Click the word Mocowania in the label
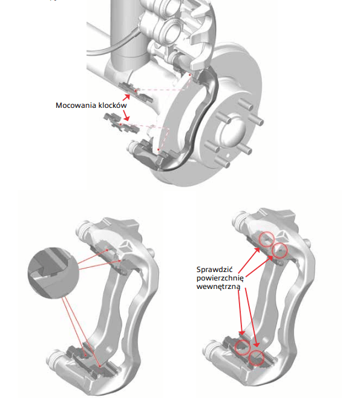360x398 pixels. point(76,105)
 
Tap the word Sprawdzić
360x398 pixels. point(214,270)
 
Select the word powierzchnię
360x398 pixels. point(220,278)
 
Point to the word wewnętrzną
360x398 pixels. point(218,287)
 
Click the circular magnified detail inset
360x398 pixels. point(53,273)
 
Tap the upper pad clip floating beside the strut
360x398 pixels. point(136,91)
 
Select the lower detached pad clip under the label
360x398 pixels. point(121,123)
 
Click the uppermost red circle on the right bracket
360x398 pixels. point(266,239)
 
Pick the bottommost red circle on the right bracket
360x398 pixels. point(257,357)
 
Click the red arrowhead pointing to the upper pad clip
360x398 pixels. point(127,97)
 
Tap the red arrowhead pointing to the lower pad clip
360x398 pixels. point(126,118)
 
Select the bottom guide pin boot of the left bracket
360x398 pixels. point(54,359)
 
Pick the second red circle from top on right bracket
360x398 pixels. point(280,251)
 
